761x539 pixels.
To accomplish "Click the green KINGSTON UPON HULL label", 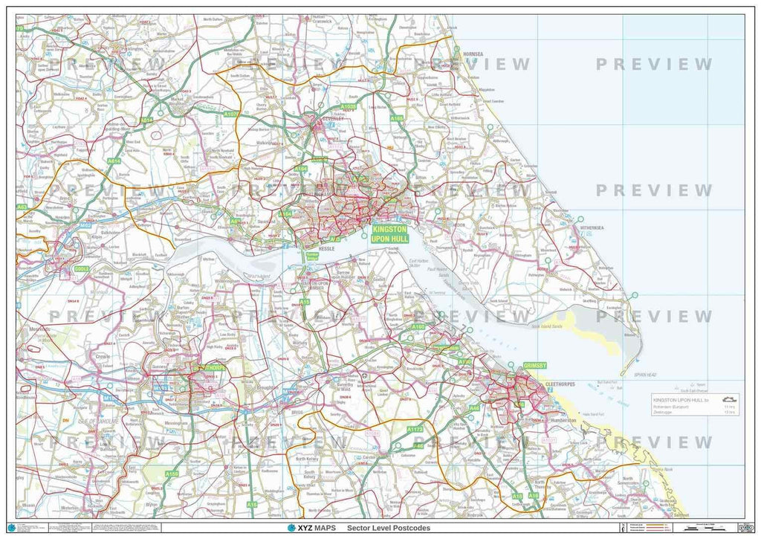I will click(x=390, y=234).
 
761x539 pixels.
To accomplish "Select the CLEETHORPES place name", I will click(x=561, y=384).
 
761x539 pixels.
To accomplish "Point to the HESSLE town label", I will click(x=328, y=249).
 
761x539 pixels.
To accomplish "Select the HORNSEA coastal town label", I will click(x=472, y=54).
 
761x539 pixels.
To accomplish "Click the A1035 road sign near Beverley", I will click(x=349, y=106).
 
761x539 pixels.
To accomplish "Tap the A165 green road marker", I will click(x=397, y=117).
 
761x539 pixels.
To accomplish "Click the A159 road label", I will click(x=172, y=474).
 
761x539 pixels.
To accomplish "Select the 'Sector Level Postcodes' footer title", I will click(x=388, y=528).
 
